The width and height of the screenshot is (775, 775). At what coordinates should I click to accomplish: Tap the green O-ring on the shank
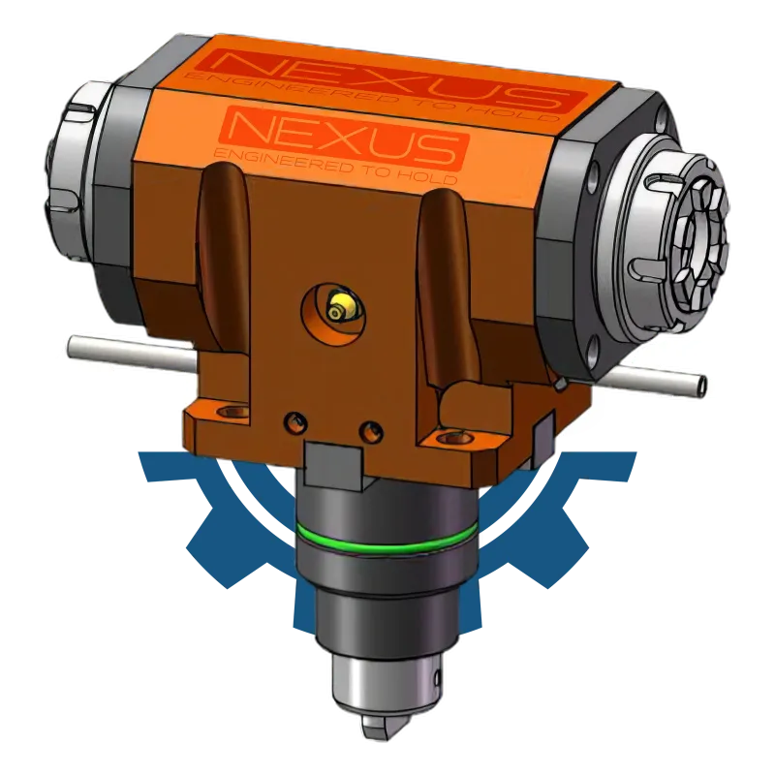[x=387, y=542]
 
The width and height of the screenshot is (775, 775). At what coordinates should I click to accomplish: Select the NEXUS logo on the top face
[x=390, y=79]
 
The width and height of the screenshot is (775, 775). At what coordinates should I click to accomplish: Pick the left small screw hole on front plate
[x=295, y=421]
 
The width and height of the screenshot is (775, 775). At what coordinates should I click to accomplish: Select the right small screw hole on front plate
[x=372, y=431]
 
